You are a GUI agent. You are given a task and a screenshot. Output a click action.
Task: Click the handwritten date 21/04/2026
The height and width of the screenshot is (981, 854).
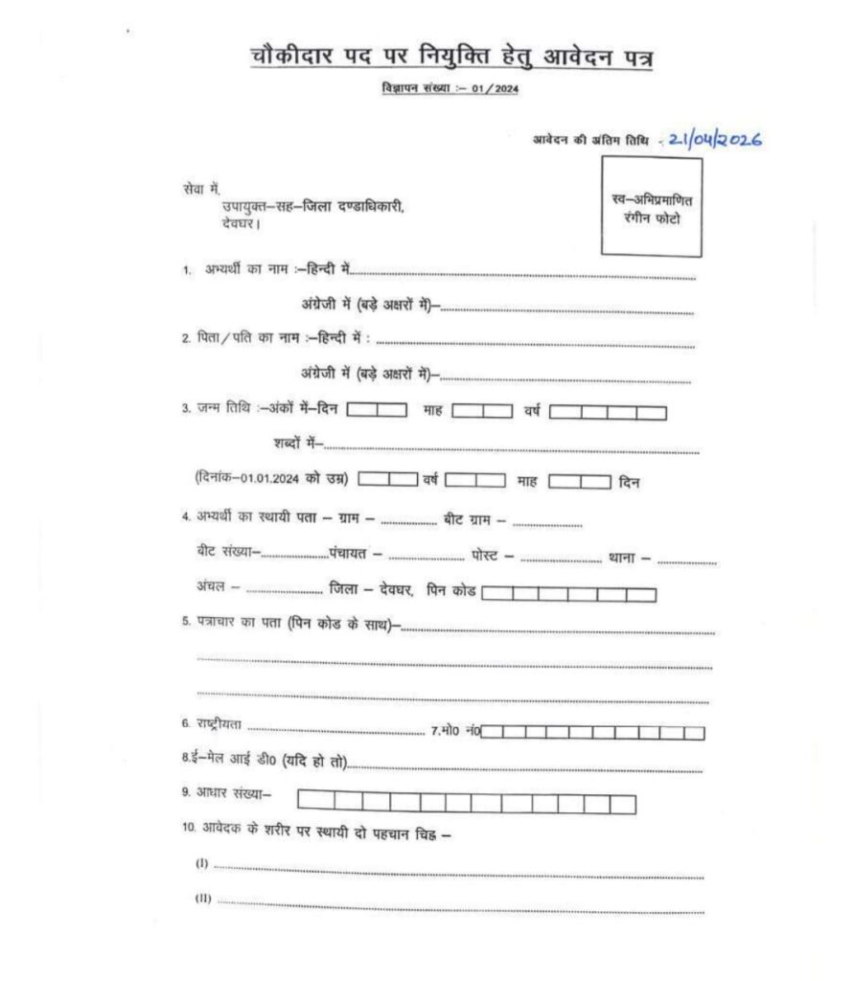[x=715, y=140]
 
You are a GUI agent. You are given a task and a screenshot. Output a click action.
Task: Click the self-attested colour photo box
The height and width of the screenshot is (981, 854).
[x=651, y=208]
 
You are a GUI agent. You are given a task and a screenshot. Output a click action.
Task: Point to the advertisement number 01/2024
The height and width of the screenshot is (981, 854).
[x=495, y=89]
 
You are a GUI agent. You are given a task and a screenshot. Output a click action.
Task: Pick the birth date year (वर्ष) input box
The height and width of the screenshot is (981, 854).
[x=608, y=413]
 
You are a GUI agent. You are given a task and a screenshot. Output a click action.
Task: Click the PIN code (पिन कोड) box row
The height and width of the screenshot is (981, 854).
[x=568, y=595]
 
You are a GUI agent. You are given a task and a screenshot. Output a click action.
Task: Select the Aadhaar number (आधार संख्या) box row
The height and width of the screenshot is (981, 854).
[x=467, y=803]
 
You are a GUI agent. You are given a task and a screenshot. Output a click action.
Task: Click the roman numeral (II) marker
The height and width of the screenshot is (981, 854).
[x=203, y=901]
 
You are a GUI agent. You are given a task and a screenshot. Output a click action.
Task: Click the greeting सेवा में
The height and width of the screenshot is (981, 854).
[x=200, y=189]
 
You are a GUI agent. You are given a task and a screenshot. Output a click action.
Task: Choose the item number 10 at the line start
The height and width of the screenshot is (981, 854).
[x=189, y=832]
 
